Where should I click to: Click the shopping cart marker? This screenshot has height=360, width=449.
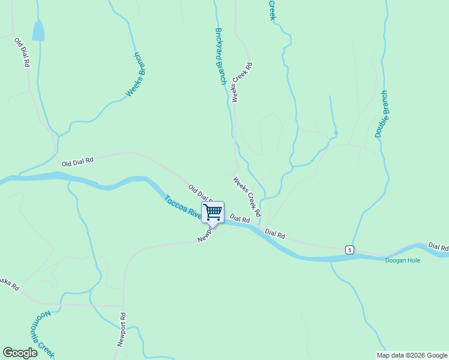(213, 212)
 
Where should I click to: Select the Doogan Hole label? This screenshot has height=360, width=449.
(403, 260)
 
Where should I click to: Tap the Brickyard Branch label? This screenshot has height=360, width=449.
(220, 56)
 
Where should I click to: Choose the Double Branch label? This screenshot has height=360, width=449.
(381, 114)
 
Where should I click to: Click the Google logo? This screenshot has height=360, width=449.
(20, 353)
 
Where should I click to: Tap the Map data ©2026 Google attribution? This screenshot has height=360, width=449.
(412, 355)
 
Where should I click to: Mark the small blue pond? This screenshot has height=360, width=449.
(38, 31)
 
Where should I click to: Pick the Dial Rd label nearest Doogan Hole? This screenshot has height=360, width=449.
(438, 247)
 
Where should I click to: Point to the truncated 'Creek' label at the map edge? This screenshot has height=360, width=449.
(271, 10)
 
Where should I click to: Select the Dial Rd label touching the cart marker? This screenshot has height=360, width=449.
(239, 221)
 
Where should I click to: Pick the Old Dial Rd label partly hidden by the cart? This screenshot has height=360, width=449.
(199, 193)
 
